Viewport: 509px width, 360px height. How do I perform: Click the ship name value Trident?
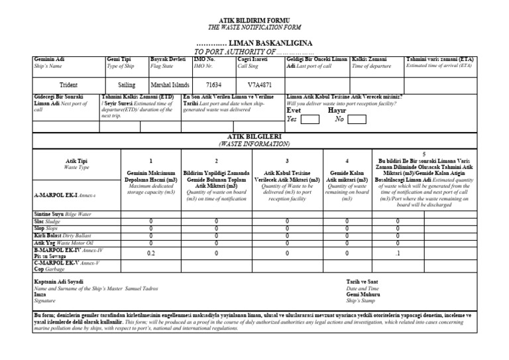[x=69, y=86]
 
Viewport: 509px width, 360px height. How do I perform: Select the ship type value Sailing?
[x=127, y=86]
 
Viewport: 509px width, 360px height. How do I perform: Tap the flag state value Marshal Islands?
[x=170, y=86]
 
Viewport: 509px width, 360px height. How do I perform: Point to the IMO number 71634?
[x=214, y=86]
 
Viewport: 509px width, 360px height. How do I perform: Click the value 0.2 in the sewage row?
[x=150, y=253]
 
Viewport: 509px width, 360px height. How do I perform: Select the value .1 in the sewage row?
[x=398, y=253]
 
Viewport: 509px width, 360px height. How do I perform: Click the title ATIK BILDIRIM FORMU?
[x=254, y=20]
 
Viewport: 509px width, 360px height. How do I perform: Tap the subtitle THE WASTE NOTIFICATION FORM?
[x=254, y=27]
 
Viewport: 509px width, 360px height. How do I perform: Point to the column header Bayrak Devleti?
[x=168, y=60]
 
